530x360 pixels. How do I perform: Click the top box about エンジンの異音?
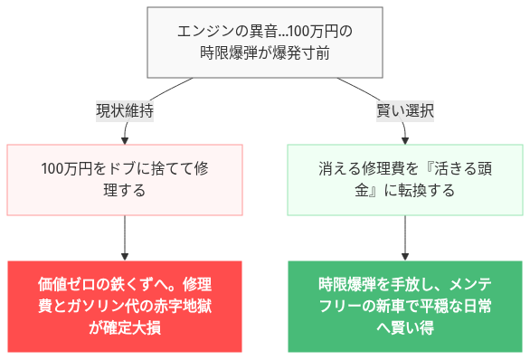tap(264, 43)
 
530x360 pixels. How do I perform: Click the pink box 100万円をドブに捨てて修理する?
tap(125, 180)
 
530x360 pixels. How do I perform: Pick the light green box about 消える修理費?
tap(404, 180)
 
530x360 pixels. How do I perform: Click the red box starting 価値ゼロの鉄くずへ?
tap(125, 306)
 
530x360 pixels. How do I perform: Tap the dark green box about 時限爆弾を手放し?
tap(404, 306)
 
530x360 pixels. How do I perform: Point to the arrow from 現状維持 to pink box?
tap(125, 133)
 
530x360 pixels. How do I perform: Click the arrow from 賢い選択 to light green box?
tap(404, 133)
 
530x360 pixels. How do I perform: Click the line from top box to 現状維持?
tap(163, 91)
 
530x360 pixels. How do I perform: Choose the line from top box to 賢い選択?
tap(365, 91)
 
